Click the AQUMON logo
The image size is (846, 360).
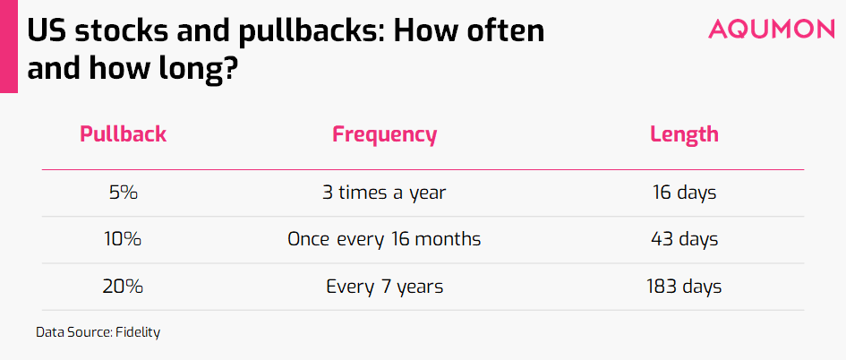[x=771, y=29]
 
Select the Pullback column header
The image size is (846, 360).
[x=123, y=133]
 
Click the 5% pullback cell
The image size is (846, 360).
[x=123, y=193]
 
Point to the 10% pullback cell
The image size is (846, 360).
[x=123, y=239]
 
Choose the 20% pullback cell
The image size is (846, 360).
[x=123, y=286]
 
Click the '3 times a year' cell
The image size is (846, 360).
[x=384, y=193]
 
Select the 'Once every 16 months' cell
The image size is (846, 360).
[x=384, y=240]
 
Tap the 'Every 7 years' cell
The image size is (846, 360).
[x=384, y=287]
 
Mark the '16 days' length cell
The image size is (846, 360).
[x=684, y=193]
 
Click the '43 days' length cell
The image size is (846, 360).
[x=684, y=240]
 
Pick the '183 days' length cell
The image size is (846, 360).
[x=684, y=287]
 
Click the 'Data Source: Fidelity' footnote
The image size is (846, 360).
[x=98, y=332]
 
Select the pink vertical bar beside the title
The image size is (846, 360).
[x=9, y=47]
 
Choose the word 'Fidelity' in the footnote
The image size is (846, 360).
[x=138, y=332]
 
